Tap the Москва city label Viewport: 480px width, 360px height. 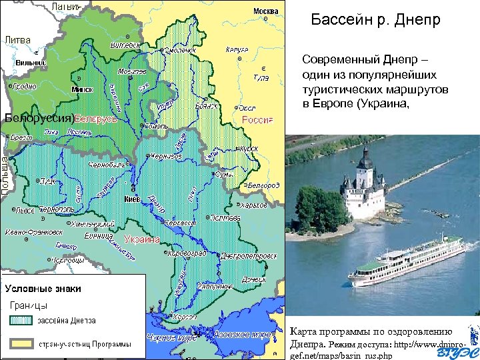[x=265, y=11]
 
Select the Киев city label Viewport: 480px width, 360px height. [x=131, y=199]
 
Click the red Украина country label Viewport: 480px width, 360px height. [x=141, y=239]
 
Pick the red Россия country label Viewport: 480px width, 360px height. [x=257, y=120]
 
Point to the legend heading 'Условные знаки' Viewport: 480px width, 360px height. [x=43, y=289]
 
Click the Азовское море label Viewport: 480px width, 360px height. [x=246, y=333]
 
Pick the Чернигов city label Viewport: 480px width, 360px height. [x=166, y=156]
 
